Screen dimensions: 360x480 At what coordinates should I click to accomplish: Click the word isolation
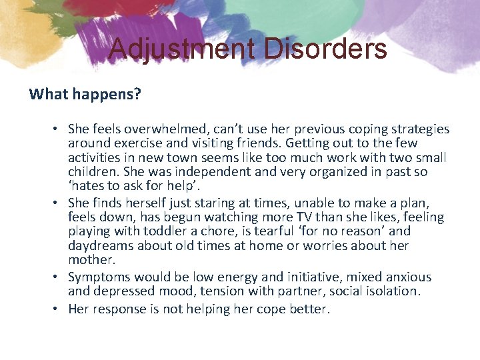391,291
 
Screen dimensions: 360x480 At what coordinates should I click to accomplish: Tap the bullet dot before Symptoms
58,277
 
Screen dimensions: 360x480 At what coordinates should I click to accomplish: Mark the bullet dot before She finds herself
58,202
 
